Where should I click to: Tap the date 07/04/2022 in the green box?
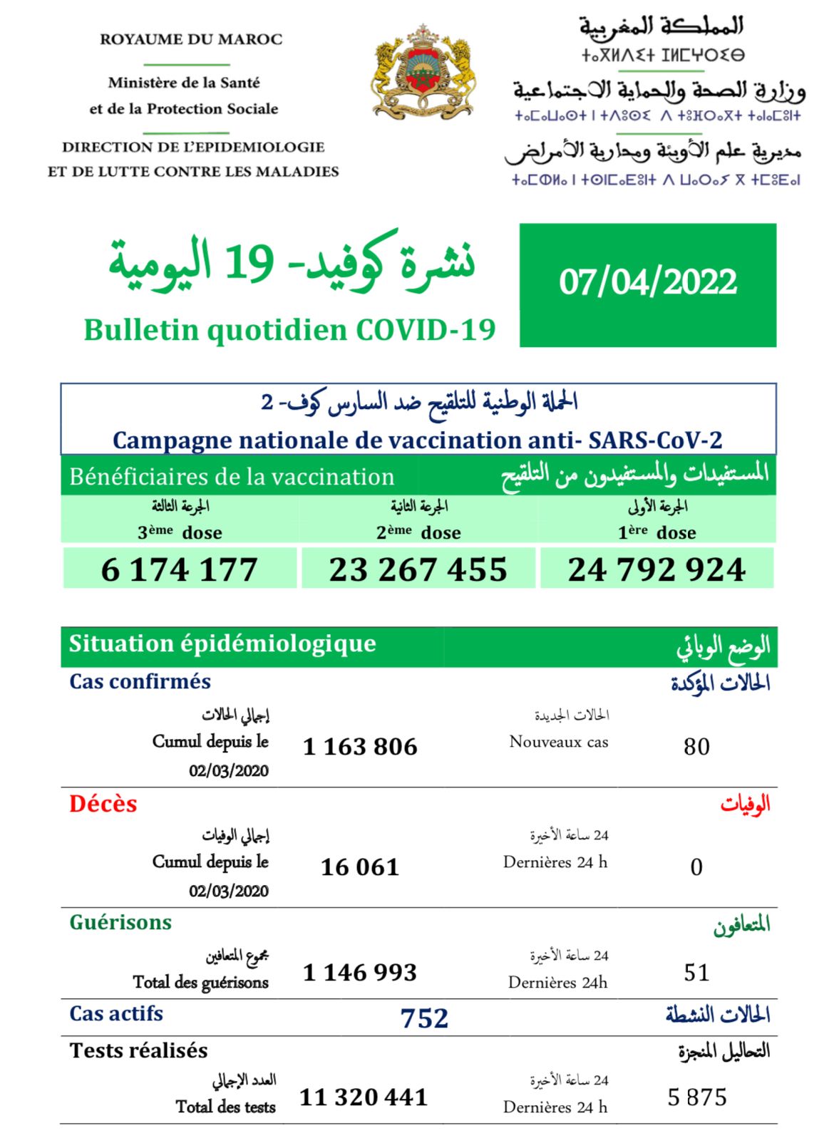[647, 282]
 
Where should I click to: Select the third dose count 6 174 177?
[179, 569]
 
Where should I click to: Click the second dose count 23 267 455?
[418, 569]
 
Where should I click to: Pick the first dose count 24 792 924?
[657, 569]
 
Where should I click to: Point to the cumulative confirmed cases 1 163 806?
[360, 747]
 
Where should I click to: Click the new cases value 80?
[696, 747]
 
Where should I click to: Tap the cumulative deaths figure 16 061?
[360, 867]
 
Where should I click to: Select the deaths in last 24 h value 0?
[696, 867]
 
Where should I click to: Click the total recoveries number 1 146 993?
[360, 973]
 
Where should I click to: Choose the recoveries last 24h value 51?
[696, 973]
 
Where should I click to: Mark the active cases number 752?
[424, 1018]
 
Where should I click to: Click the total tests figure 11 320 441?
[364, 1097]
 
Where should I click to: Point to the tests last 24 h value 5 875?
[696, 1097]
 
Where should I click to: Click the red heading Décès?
[103, 804]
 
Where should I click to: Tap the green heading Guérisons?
[120, 923]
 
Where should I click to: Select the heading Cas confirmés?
[140, 682]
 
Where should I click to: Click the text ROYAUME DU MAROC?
[191, 39]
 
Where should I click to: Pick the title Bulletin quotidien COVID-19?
[289, 330]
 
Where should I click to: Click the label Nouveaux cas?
[559, 742]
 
